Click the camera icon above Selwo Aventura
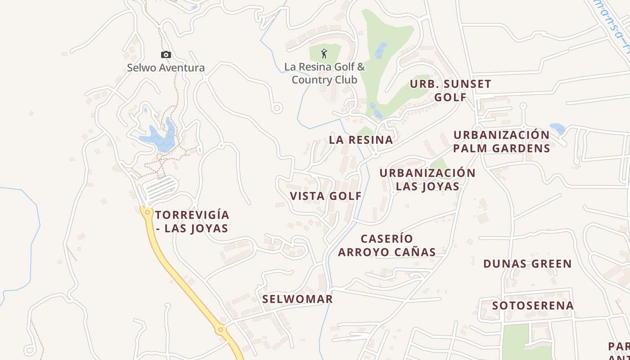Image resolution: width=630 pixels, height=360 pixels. coord(166,55)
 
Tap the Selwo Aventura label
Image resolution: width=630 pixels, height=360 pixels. coord(166,68)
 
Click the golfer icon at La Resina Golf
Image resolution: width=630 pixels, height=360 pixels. coord(324,54)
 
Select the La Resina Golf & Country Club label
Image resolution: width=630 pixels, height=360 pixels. coord(324,73)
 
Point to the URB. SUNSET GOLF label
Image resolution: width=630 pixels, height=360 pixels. coord(450,90)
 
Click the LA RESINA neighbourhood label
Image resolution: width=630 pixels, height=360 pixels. coord(361,140)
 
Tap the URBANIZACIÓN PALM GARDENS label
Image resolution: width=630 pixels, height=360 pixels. coord(501,142)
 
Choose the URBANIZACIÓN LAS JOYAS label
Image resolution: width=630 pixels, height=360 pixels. coord(427,180)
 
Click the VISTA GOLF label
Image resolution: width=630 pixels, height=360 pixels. coord(326,196)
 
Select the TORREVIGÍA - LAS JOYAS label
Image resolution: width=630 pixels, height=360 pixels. coord(192,221)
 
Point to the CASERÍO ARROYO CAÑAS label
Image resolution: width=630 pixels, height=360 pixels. coord(387,245)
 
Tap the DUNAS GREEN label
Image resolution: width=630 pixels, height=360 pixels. coord(527,264)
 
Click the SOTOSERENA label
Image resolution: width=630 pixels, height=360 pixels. coord(533,306)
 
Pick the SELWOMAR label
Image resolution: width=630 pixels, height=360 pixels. coord(297,299)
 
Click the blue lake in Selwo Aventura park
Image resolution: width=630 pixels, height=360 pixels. coord(157,139)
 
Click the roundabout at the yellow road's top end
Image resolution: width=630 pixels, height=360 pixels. coord(147,212)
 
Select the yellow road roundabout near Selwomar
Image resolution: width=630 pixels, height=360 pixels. coord(220,330)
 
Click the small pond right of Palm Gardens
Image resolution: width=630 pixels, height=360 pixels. coord(558,129)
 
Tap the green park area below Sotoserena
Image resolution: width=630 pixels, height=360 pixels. coord(516,340)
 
